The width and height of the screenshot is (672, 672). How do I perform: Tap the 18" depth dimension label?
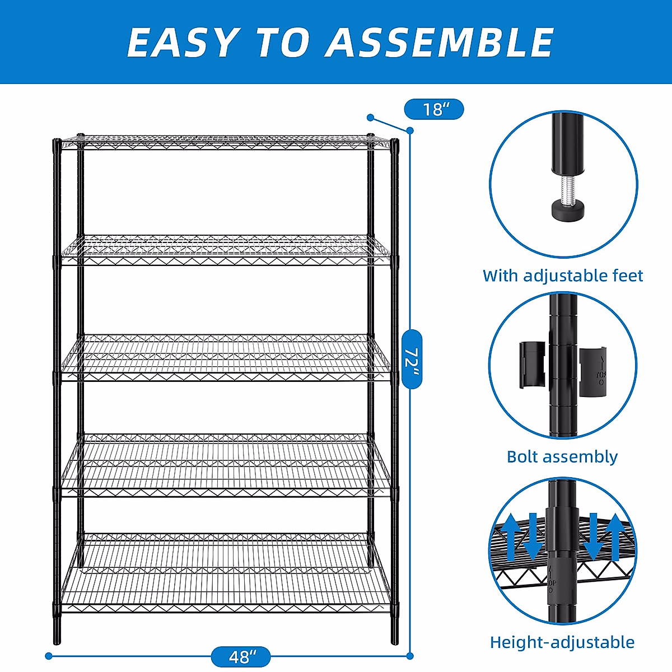(433, 109)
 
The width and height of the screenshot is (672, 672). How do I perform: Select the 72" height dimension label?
(412, 359)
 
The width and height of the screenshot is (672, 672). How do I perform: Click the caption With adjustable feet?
(563, 276)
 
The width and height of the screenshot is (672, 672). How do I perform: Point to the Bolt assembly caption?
(562, 456)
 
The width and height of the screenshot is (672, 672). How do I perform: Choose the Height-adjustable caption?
(562, 642)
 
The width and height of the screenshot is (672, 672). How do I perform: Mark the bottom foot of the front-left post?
(57, 636)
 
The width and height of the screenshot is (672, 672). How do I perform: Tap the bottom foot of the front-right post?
(395, 636)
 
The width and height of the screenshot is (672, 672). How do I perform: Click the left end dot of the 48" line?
(49, 656)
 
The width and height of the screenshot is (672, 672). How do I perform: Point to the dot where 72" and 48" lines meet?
(410, 656)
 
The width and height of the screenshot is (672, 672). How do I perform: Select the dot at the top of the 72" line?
(410, 130)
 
